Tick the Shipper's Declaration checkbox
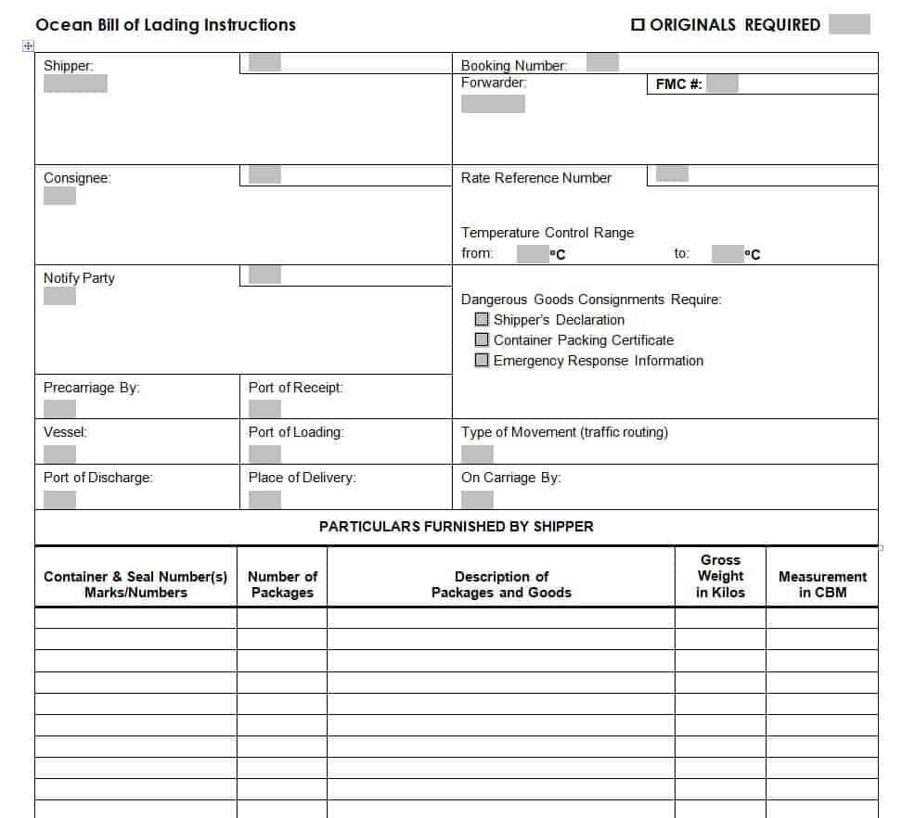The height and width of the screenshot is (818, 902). [x=482, y=320]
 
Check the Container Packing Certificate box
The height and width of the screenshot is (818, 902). [x=482, y=340]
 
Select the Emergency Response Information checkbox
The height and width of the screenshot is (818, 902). [x=482, y=361]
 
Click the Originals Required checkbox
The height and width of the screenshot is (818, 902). [x=638, y=25]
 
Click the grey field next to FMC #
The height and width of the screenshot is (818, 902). [x=722, y=84]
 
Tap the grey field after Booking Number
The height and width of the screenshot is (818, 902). [x=602, y=63]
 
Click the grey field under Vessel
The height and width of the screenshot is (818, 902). [x=59, y=454]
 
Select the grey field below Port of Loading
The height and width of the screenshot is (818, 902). [x=264, y=454]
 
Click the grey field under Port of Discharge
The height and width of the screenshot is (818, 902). [x=59, y=500]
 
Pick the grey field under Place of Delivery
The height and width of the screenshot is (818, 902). [x=264, y=500]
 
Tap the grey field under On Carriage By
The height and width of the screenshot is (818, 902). [x=477, y=500]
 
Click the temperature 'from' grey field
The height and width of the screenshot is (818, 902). [x=533, y=254]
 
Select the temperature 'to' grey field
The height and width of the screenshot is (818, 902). [x=728, y=254]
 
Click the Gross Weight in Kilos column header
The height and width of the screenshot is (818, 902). [x=720, y=576]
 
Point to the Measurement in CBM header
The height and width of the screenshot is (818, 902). [x=822, y=584]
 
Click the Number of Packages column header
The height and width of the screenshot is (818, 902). [x=282, y=584]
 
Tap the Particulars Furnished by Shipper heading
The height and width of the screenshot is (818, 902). [x=456, y=526]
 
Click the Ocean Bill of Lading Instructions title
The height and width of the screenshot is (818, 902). [x=165, y=25]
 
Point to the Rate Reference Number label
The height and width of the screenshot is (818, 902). [x=535, y=178]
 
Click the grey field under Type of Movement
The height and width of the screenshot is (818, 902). [x=477, y=454]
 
